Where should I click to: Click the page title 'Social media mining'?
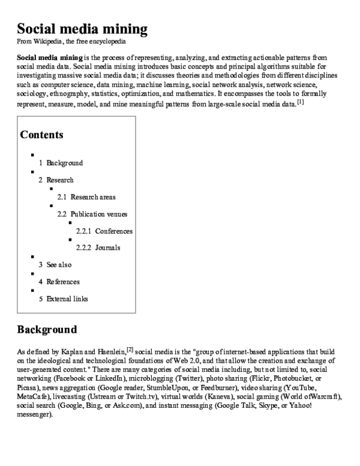82,29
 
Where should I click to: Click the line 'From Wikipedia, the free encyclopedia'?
71,41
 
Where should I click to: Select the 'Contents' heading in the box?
41,135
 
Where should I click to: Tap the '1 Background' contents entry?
61,163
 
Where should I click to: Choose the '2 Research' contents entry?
56,180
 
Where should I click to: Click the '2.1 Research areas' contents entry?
86,197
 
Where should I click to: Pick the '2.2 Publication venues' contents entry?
92,214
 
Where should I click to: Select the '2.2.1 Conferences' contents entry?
104,231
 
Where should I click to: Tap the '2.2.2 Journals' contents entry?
98,247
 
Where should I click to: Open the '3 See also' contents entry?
55,265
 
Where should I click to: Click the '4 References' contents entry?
59,282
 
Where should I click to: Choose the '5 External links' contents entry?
63,298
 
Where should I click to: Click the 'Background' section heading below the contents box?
47,329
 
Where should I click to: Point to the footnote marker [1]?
301,101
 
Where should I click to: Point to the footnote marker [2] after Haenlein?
130,348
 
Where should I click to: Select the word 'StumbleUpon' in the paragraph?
170,388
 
